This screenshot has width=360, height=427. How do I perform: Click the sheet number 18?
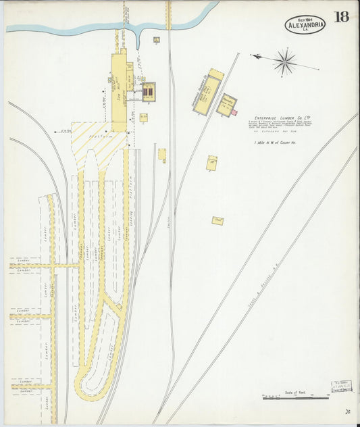(x=341, y=17)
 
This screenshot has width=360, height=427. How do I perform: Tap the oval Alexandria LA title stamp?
(x=305, y=25)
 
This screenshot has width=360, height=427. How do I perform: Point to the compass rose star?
(x=285, y=62)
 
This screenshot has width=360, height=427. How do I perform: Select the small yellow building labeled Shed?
(x=217, y=220)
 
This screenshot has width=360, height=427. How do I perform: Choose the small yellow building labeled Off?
(x=212, y=163)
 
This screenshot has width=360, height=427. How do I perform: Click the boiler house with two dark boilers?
(x=148, y=91)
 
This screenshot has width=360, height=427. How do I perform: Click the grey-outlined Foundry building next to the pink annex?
(x=226, y=105)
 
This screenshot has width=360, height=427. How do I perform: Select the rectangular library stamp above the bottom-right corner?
(x=341, y=386)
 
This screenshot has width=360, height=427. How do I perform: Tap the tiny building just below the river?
(x=156, y=40)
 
